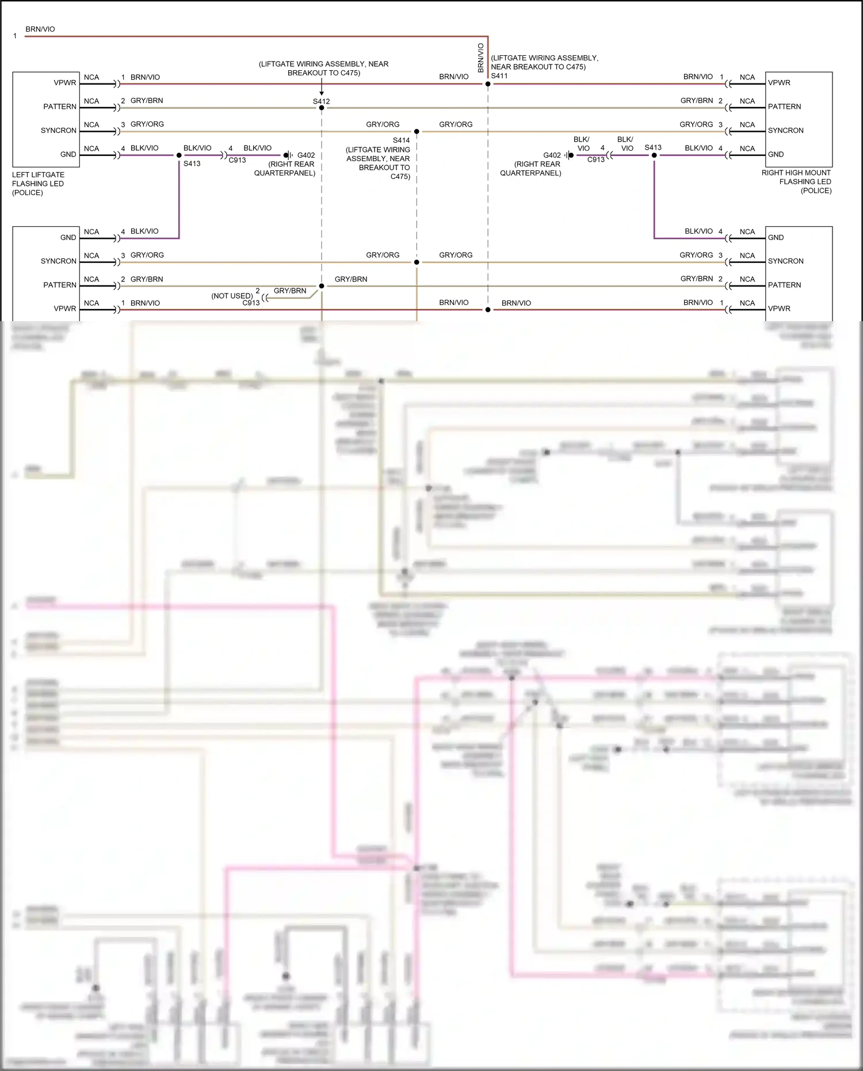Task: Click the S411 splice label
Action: pyautogui.click(x=499, y=76)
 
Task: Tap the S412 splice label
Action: pyautogui.click(x=322, y=101)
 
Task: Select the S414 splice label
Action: pyautogui.click(x=401, y=140)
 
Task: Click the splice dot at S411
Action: pyautogui.click(x=488, y=84)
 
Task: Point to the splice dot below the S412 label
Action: pyautogui.click(x=322, y=108)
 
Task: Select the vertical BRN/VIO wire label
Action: pyautogui.click(x=481, y=58)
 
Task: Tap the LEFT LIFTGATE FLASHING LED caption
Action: pyautogui.click(x=38, y=184)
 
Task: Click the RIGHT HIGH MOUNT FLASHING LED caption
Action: pyautogui.click(x=797, y=181)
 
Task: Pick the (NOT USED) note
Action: pyautogui.click(x=232, y=296)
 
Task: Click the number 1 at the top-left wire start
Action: pyautogui.click(x=15, y=36)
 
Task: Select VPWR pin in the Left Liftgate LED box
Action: pyautogui.click(x=65, y=83)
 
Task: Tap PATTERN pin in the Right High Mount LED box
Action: pyautogui.click(x=784, y=106)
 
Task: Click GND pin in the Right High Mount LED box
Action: pyautogui.click(x=776, y=154)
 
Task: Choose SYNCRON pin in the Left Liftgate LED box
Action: pyautogui.click(x=59, y=131)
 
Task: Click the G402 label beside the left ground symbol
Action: pyautogui.click(x=306, y=155)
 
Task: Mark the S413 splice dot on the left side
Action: pyautogui.click(x=179, y=155)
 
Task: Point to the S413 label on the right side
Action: pyautogui.click(x=653, y=147)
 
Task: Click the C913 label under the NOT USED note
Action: pyautogui.click(x=251, y=303)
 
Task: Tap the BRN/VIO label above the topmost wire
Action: pyautogui.click(x=40, y=29)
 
